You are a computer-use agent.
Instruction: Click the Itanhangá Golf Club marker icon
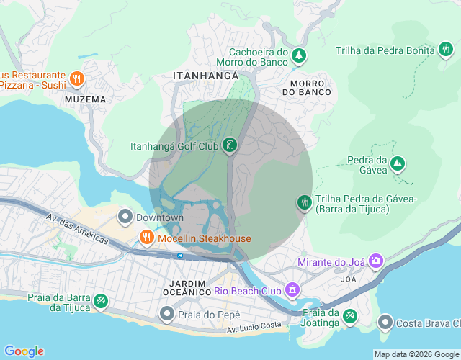[230, 146]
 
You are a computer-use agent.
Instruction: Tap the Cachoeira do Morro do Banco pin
[299, 55]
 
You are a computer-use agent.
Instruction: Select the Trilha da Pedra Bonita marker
[446, 50]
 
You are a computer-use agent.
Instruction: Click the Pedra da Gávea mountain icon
[397, 165]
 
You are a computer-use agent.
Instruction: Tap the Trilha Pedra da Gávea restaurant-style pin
[304, 203]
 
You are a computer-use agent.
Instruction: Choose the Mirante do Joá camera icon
[375, 261]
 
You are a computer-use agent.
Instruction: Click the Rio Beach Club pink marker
[292, 292]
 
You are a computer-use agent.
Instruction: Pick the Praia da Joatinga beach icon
[349, 316]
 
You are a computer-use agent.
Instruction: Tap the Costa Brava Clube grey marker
[385, 321]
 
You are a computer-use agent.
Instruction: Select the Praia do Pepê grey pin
[167, 314]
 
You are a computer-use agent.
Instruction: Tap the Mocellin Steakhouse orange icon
[146, 238]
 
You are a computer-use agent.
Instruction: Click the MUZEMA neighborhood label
[85, 99]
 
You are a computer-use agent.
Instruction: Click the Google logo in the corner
[24, 351]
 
